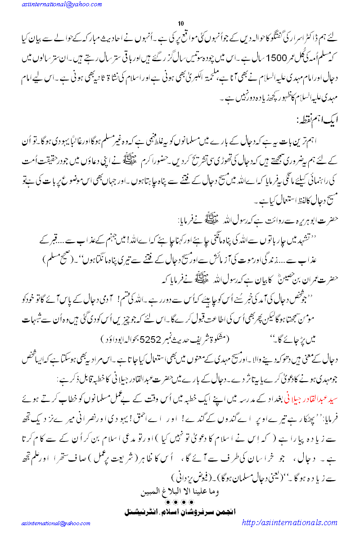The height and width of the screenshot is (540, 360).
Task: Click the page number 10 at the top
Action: pyautogui.click(x=181, y=23)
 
